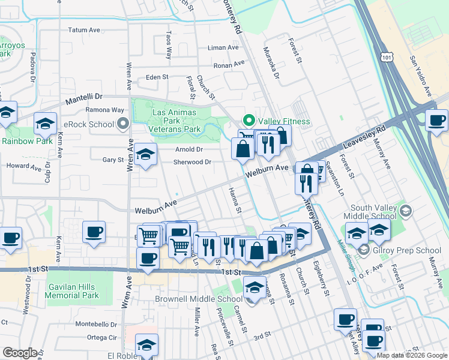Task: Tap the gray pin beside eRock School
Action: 124,124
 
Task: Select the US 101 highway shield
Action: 387,56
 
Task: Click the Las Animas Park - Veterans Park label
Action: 176,120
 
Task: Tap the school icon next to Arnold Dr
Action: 145,155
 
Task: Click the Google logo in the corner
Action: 20,353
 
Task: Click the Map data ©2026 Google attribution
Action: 412,355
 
